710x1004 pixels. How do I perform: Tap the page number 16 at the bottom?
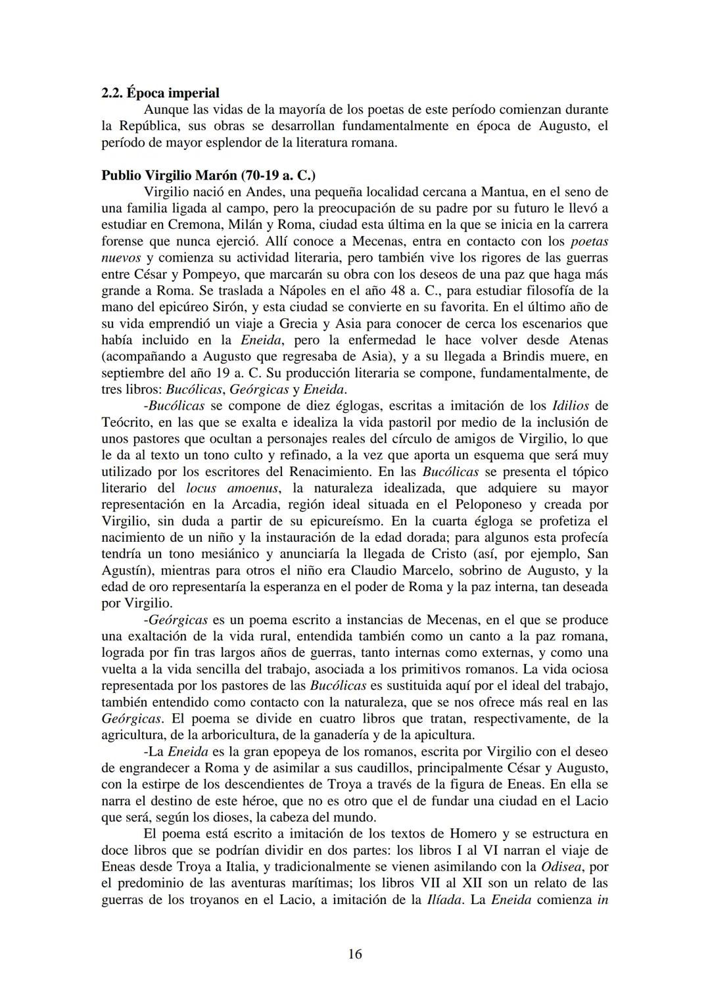click(355, 954)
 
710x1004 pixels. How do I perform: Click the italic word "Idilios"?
click(571, 406)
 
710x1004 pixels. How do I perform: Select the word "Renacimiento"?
click(327, 471)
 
